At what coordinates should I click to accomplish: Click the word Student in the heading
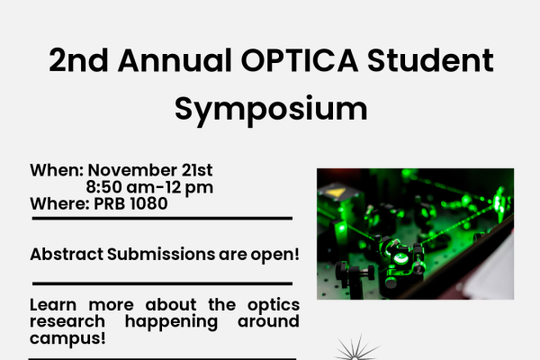pyautogui.click(x=438, y=62)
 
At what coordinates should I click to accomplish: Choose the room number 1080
pyautogui.click(x=148, y=203)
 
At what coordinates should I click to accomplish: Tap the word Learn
pyautogui.click(x=52, y=305)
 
